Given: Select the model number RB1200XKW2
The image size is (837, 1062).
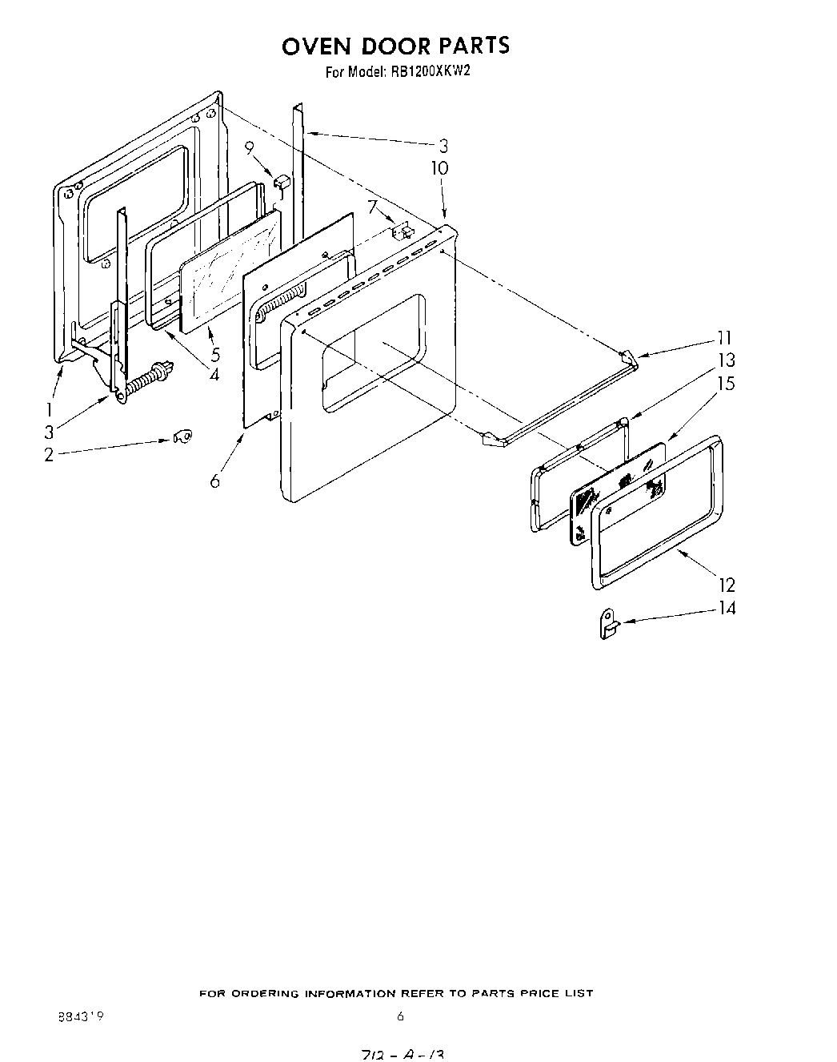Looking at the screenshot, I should click(x=430, y=71).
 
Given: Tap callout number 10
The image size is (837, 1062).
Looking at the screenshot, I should click(x=439, y=168).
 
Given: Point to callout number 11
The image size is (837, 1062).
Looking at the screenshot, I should click(x=725, y=337).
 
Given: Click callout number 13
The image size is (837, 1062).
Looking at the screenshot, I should click(x=725, y=360).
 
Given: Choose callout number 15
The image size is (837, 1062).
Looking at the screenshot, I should click(x=725, y=384).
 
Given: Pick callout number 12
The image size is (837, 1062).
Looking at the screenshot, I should click(x=727, y=585).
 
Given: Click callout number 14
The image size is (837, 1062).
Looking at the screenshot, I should click(x=727, y=608).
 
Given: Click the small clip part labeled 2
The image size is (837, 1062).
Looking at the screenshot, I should click(x=181, y=436).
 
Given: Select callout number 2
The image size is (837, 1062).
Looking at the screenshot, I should click(x=49, y=455).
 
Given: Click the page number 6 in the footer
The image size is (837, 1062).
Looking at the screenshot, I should click(x=400, y=1017).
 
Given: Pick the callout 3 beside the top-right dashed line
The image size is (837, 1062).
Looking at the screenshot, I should click(x=443, y=146).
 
